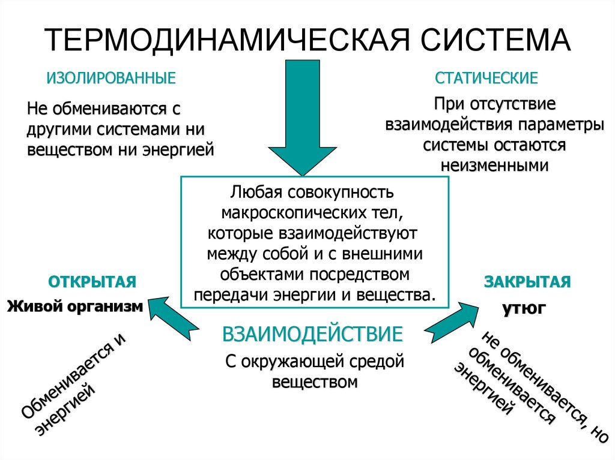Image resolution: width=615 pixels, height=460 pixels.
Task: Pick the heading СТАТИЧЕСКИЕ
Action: coord(486,78)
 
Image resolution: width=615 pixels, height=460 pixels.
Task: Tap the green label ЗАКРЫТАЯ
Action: coord(527,282)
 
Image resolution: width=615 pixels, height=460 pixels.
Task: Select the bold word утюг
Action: coord(524,308)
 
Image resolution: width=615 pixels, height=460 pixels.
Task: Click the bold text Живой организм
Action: coord(75,306)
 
